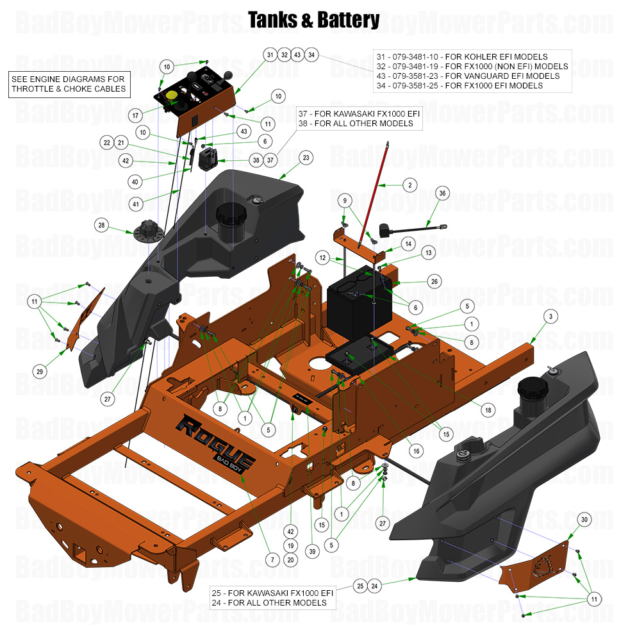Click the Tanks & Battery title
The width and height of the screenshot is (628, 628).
pyautogui.click(x=313, y=20)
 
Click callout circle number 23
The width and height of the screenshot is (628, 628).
pyautogui.click(x=305, y=157)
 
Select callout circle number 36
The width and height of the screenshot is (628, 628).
pyautogui.click(x=441, y=194)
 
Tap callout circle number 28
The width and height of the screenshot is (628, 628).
pyautogui.click(x=101, y=225)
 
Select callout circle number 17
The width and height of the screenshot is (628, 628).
pyautogui.click(x=135, y=116)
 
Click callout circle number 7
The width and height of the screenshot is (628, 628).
pyautogui.click(x=272, y=559)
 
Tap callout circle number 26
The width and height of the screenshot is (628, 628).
pyautogui.click(x=434, y=281)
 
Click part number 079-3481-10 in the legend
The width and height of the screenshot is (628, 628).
pyautogui.click(x=413, y=57)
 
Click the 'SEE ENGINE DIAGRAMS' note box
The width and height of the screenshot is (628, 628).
pyautogui.click(x=69, y=84)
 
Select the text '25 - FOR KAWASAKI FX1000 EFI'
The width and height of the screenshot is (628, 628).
pyautogui.click(x=273, y=593)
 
